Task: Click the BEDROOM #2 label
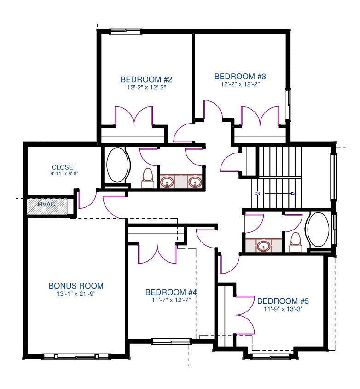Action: tap(146, 79)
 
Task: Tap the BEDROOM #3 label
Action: tap(240, 76)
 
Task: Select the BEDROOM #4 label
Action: tap(171, 292)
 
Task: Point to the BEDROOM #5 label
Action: tap(283, 301)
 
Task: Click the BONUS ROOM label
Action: tap(76, 286)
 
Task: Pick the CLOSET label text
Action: tap(64, 167)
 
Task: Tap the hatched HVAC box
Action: tap(47, 206)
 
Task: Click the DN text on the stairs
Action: tap(257, 193)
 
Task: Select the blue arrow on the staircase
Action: tap(280, 194)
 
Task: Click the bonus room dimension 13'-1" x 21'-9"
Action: tap(76, 294)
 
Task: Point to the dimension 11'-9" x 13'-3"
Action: tap(283, 309)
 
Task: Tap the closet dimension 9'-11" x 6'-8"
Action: tap(64, 173)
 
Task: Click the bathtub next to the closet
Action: tap(118, 165)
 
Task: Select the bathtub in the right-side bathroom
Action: tap(318, 229)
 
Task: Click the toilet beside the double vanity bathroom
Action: tap(148, 178)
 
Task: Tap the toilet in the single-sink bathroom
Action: tap(296, 242)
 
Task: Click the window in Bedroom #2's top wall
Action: tap(126, 31)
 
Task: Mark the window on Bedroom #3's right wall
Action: tap(288, 104)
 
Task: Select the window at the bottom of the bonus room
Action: tap(76, 356)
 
